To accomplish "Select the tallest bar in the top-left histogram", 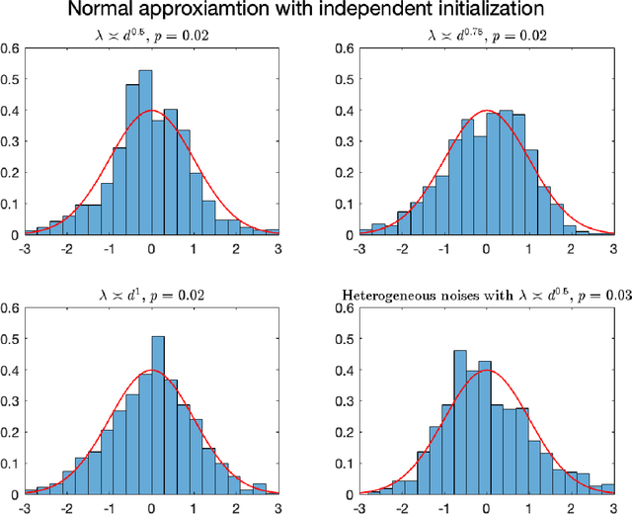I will coord(145,152).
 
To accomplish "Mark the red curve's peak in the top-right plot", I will coord(486,111).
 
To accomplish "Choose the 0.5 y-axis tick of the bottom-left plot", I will coord(9,339).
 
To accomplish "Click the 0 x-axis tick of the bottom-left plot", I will coord(151,506).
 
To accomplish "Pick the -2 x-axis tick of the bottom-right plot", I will coord(401,506).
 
